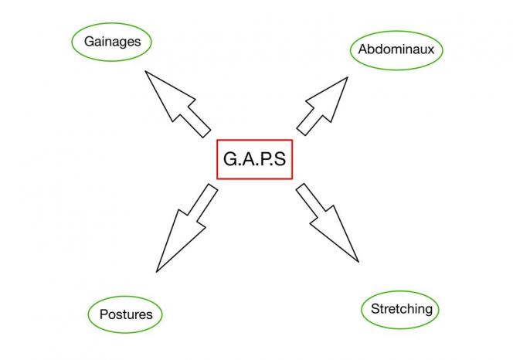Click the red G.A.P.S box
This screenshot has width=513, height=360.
(x=254, y=160)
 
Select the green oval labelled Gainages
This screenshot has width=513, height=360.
(x=111, y=42)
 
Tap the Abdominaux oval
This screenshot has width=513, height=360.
(x=400, y=51)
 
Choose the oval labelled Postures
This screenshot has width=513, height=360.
(x=126, y=314)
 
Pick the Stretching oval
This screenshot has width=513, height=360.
(x=402, y=310)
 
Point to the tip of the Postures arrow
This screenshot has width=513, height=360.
(x=157, y=271)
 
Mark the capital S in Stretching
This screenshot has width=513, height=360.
(x=375, y=310)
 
